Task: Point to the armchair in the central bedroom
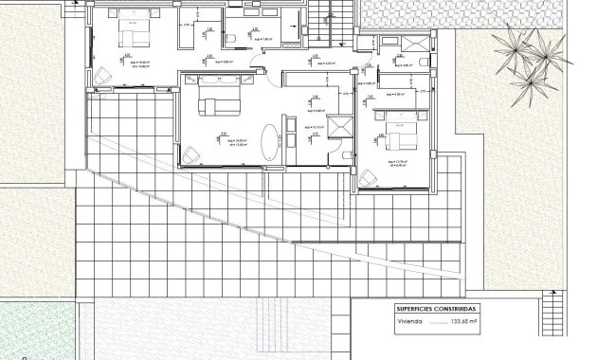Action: (x=191, y=152)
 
